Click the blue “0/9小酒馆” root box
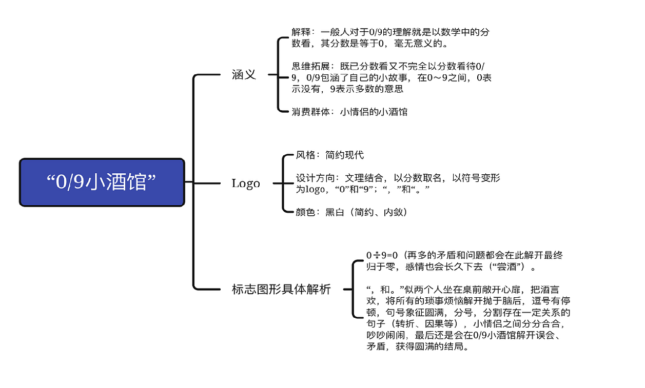[102, 182]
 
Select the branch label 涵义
[244, 75]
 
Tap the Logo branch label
[246, 183]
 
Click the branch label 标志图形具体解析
[281, 290]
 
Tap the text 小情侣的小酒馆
[374, 112]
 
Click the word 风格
[306, 155]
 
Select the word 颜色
[306, 212]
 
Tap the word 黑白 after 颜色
[335, 212]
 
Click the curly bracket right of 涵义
[279, 74]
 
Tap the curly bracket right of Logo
[284, 183]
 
